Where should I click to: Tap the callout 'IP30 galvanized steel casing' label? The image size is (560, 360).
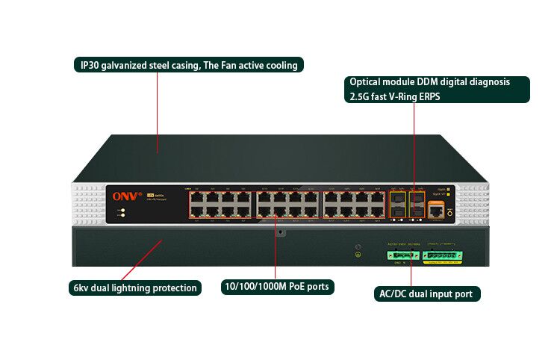pos(189,65)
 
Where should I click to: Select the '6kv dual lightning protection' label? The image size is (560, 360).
pos(135,288)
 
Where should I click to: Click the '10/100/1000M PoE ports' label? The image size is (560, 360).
pos(277,286)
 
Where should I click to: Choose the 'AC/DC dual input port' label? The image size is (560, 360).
pos(426,294)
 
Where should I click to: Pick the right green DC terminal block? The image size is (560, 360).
pos(444,256)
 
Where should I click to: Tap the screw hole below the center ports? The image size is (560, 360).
pos(280,232)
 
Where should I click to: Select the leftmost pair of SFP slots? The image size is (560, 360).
pos(397,205)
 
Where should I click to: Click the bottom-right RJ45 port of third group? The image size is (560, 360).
pos(379,211)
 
